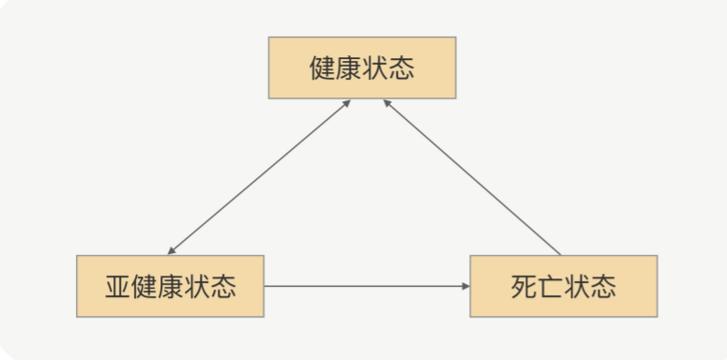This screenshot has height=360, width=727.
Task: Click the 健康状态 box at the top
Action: click(362, 67)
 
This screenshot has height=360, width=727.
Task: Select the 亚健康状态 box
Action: click(170, 286)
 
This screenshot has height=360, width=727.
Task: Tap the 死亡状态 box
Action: click(563, 286)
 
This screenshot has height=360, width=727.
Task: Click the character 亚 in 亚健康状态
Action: click(117, 286)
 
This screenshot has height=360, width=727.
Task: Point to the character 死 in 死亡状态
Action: click(524, 286)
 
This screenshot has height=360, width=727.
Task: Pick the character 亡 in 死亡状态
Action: click(551, 286)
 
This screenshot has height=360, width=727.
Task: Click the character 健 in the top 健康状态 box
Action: click(323, 67)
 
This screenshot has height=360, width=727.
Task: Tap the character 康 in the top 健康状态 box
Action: click(349, 67)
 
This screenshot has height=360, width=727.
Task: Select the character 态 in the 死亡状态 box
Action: click(603, 286)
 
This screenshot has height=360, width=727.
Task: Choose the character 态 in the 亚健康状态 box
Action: click(223, 286)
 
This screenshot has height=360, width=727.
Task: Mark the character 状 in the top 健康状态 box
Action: click(375, 67)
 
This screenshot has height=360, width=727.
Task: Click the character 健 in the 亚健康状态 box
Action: click(144, 286)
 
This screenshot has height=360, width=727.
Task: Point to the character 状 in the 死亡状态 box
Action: click(577, 286)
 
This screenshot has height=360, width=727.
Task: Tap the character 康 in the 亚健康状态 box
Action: click(170, 286)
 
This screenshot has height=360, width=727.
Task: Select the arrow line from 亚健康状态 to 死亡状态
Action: click(366, 286)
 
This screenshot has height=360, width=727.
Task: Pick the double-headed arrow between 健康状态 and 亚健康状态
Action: click(260, 176)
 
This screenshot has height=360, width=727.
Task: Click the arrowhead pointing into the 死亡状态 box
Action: click(464, 286)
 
